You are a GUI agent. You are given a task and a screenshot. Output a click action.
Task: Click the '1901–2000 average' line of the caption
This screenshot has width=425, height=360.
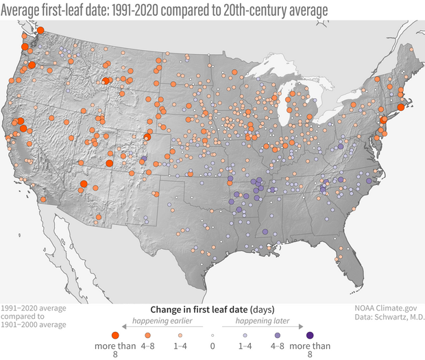[x=34, y=324]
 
